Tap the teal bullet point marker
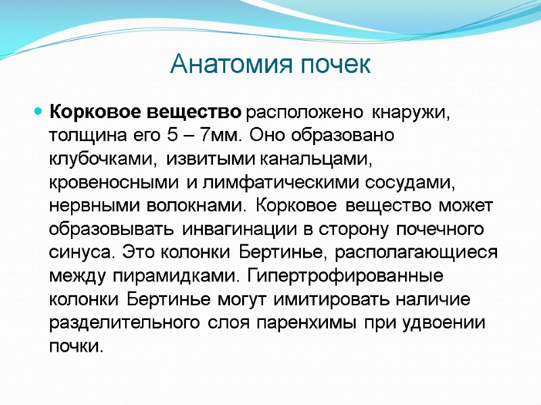point(39,109)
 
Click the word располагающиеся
point(405,256)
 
